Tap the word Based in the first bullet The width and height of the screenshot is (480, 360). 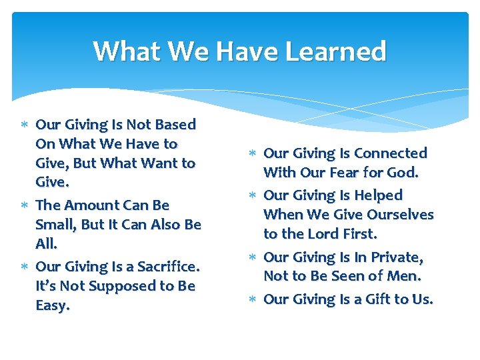tap(175, 125)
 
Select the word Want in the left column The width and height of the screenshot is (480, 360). tap(161, 163)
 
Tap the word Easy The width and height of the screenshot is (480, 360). tap(52, 306)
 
